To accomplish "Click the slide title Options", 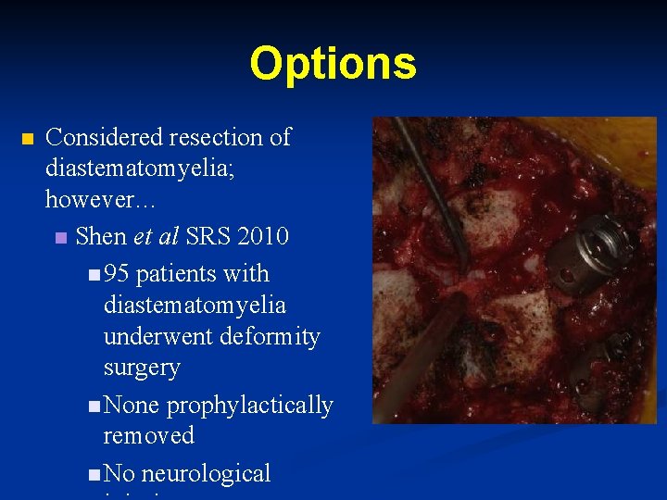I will point(333,64).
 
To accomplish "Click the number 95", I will point(116,274).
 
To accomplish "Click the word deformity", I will point(271,336).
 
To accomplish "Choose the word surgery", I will point(142,368).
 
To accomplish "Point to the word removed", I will point(148,435).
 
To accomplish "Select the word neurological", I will point(206,473).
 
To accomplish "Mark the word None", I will point(132,406).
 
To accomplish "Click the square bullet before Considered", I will point(26,139).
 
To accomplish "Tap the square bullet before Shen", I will point(61,238).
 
